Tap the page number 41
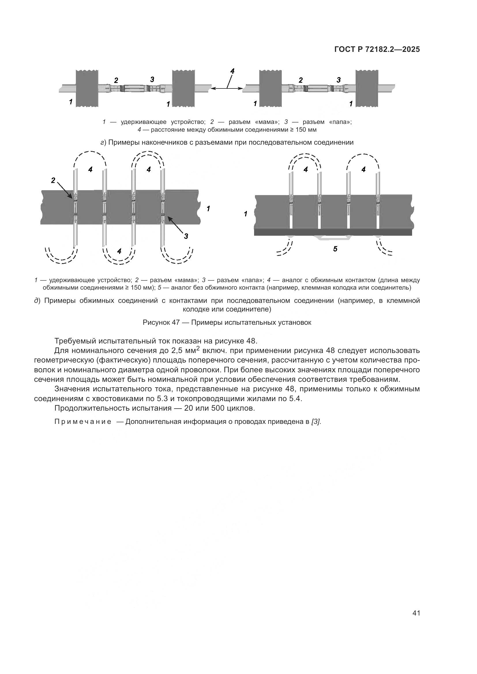tap(416, 613)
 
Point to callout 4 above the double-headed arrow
tap(232, 71)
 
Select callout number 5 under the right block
tap(335, 249)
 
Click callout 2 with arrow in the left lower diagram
tap(53, 181)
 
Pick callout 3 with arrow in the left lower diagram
tap(186, 236)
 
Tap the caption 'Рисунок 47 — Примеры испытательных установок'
tap(227, 322)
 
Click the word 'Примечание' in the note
tap(83, 422)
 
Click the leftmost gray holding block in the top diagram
tap(87, 88)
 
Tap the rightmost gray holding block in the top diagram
tap(367, 88)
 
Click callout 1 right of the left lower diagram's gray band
tap(208, 209)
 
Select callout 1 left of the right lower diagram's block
tap(245, 214)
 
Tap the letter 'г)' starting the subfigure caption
tap(103, 143)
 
